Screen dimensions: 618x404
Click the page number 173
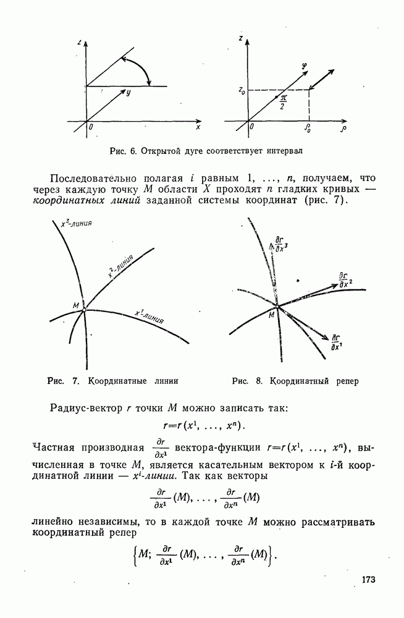pyautogui.click(x=368, y=580)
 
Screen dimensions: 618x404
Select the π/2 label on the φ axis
pyautogui.click(x=284, y=101)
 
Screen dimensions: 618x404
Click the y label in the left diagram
pyautogui.click(x=128, y=93)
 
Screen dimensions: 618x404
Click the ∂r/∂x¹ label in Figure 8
pyautogui.click(x=337, y=342)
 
